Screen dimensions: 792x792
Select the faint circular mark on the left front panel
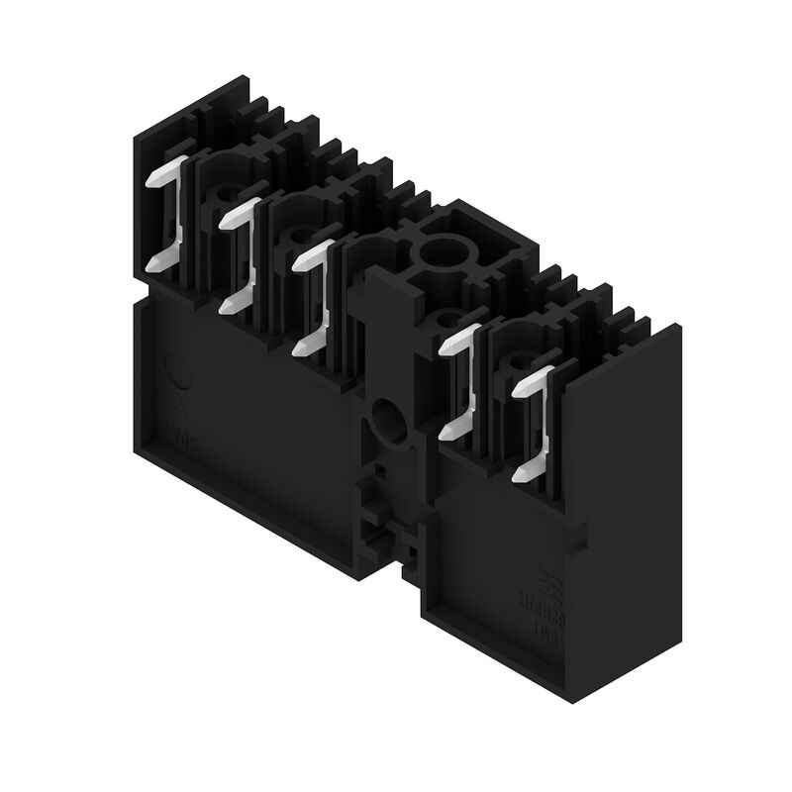(x=173, y=371)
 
